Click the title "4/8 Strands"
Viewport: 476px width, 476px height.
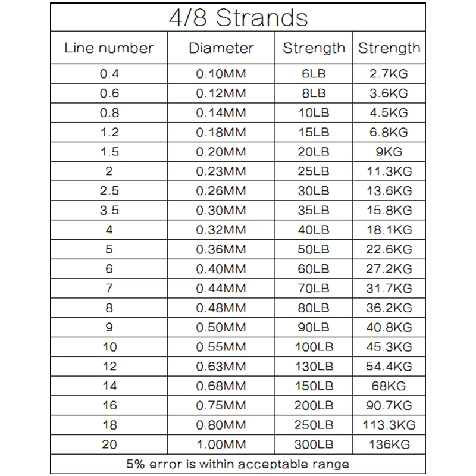coord(238,18)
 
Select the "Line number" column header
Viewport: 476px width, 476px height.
coord(109,48)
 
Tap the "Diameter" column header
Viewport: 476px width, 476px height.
coord(221,48)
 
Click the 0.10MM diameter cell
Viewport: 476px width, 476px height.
coord(221,74)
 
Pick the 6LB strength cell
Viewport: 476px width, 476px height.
coord(314,74)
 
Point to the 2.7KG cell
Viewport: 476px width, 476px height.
coord(389,74)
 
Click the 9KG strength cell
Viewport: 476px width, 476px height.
coord(389,152)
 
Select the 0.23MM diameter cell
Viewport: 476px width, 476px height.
coord(221,171)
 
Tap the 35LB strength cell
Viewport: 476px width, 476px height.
coord(314,211)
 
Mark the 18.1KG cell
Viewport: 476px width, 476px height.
coord(389,230)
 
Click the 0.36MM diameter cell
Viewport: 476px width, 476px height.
coord(221,249)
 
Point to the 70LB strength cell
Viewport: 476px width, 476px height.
coord(314,289)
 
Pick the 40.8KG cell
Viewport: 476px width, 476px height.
coord(389,327)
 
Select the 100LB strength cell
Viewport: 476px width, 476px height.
coord(314,347)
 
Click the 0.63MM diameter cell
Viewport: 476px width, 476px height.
coord(221,367)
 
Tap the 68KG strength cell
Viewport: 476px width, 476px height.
coord(389,386)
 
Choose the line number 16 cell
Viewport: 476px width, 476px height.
coord(110,406)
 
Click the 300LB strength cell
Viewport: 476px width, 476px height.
coord(314,444)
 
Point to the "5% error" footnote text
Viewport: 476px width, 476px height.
coord(238,464)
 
